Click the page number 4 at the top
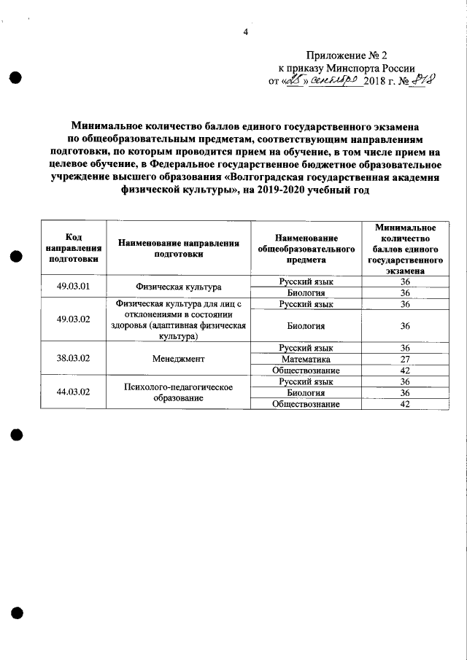tap(246, 32)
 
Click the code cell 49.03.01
tap(73, 287)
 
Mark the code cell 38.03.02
tap(73, 359)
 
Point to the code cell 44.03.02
tap(73, 392)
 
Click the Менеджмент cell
tap(178, 359)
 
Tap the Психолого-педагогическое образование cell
tap(178, 392)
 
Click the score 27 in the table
tap(406, 359)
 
